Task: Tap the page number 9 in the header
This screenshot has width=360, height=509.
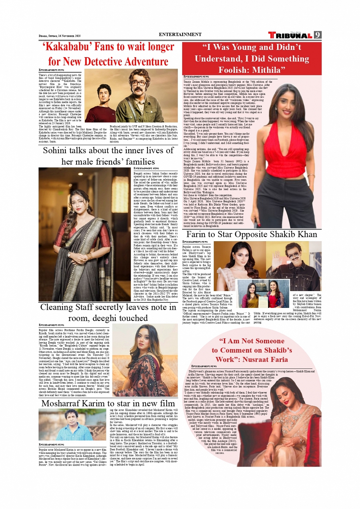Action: point(317,35)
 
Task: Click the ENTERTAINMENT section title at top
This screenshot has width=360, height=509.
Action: point(180,34)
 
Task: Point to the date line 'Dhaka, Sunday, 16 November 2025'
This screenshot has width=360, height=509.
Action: point(59,36)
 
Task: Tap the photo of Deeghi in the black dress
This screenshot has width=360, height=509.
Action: point(145,360)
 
